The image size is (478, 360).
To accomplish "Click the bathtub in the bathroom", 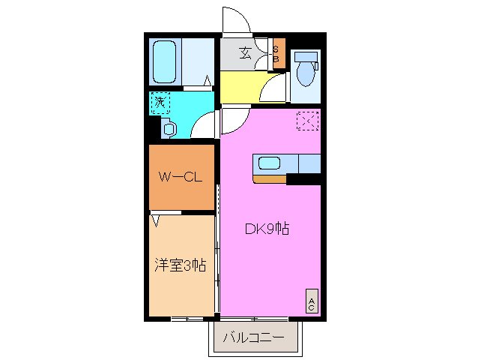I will click(x=164, y=62).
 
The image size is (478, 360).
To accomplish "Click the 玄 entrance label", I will click(x=245, y=52).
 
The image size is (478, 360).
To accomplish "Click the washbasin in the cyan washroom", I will click(x=169, y=129).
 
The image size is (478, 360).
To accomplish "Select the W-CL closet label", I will click(x=181, y=178).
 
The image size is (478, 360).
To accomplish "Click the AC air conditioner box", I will click(x=312, y=301).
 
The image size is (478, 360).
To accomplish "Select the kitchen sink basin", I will click(x=269, y=163).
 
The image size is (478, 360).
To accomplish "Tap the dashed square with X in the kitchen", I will click(x=307, y=120).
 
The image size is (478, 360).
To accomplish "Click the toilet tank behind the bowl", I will click(x=306, y=56).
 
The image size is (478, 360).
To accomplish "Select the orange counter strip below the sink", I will click(x=270, y=178).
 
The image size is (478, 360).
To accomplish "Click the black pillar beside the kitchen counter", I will click(x=303, y=178).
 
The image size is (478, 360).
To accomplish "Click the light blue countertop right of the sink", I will click(x=309, y=163).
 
